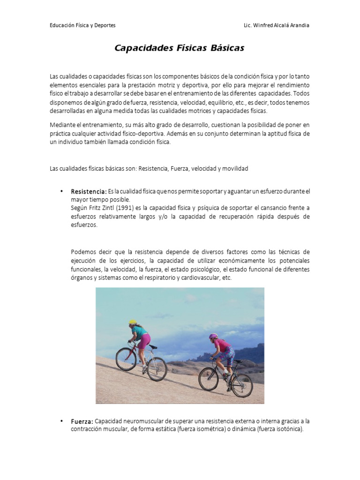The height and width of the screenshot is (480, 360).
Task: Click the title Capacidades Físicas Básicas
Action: [x=180, y=48]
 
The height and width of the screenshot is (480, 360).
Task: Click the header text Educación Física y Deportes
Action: [x=82, y=25]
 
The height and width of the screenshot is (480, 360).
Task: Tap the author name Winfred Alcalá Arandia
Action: [x=282, y=25]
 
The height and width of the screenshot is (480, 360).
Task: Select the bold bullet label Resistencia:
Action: [x=89, y=192]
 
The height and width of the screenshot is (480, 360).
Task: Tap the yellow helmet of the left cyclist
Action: [x=133, y=322]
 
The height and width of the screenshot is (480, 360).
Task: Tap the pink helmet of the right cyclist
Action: [x=213, y=336]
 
